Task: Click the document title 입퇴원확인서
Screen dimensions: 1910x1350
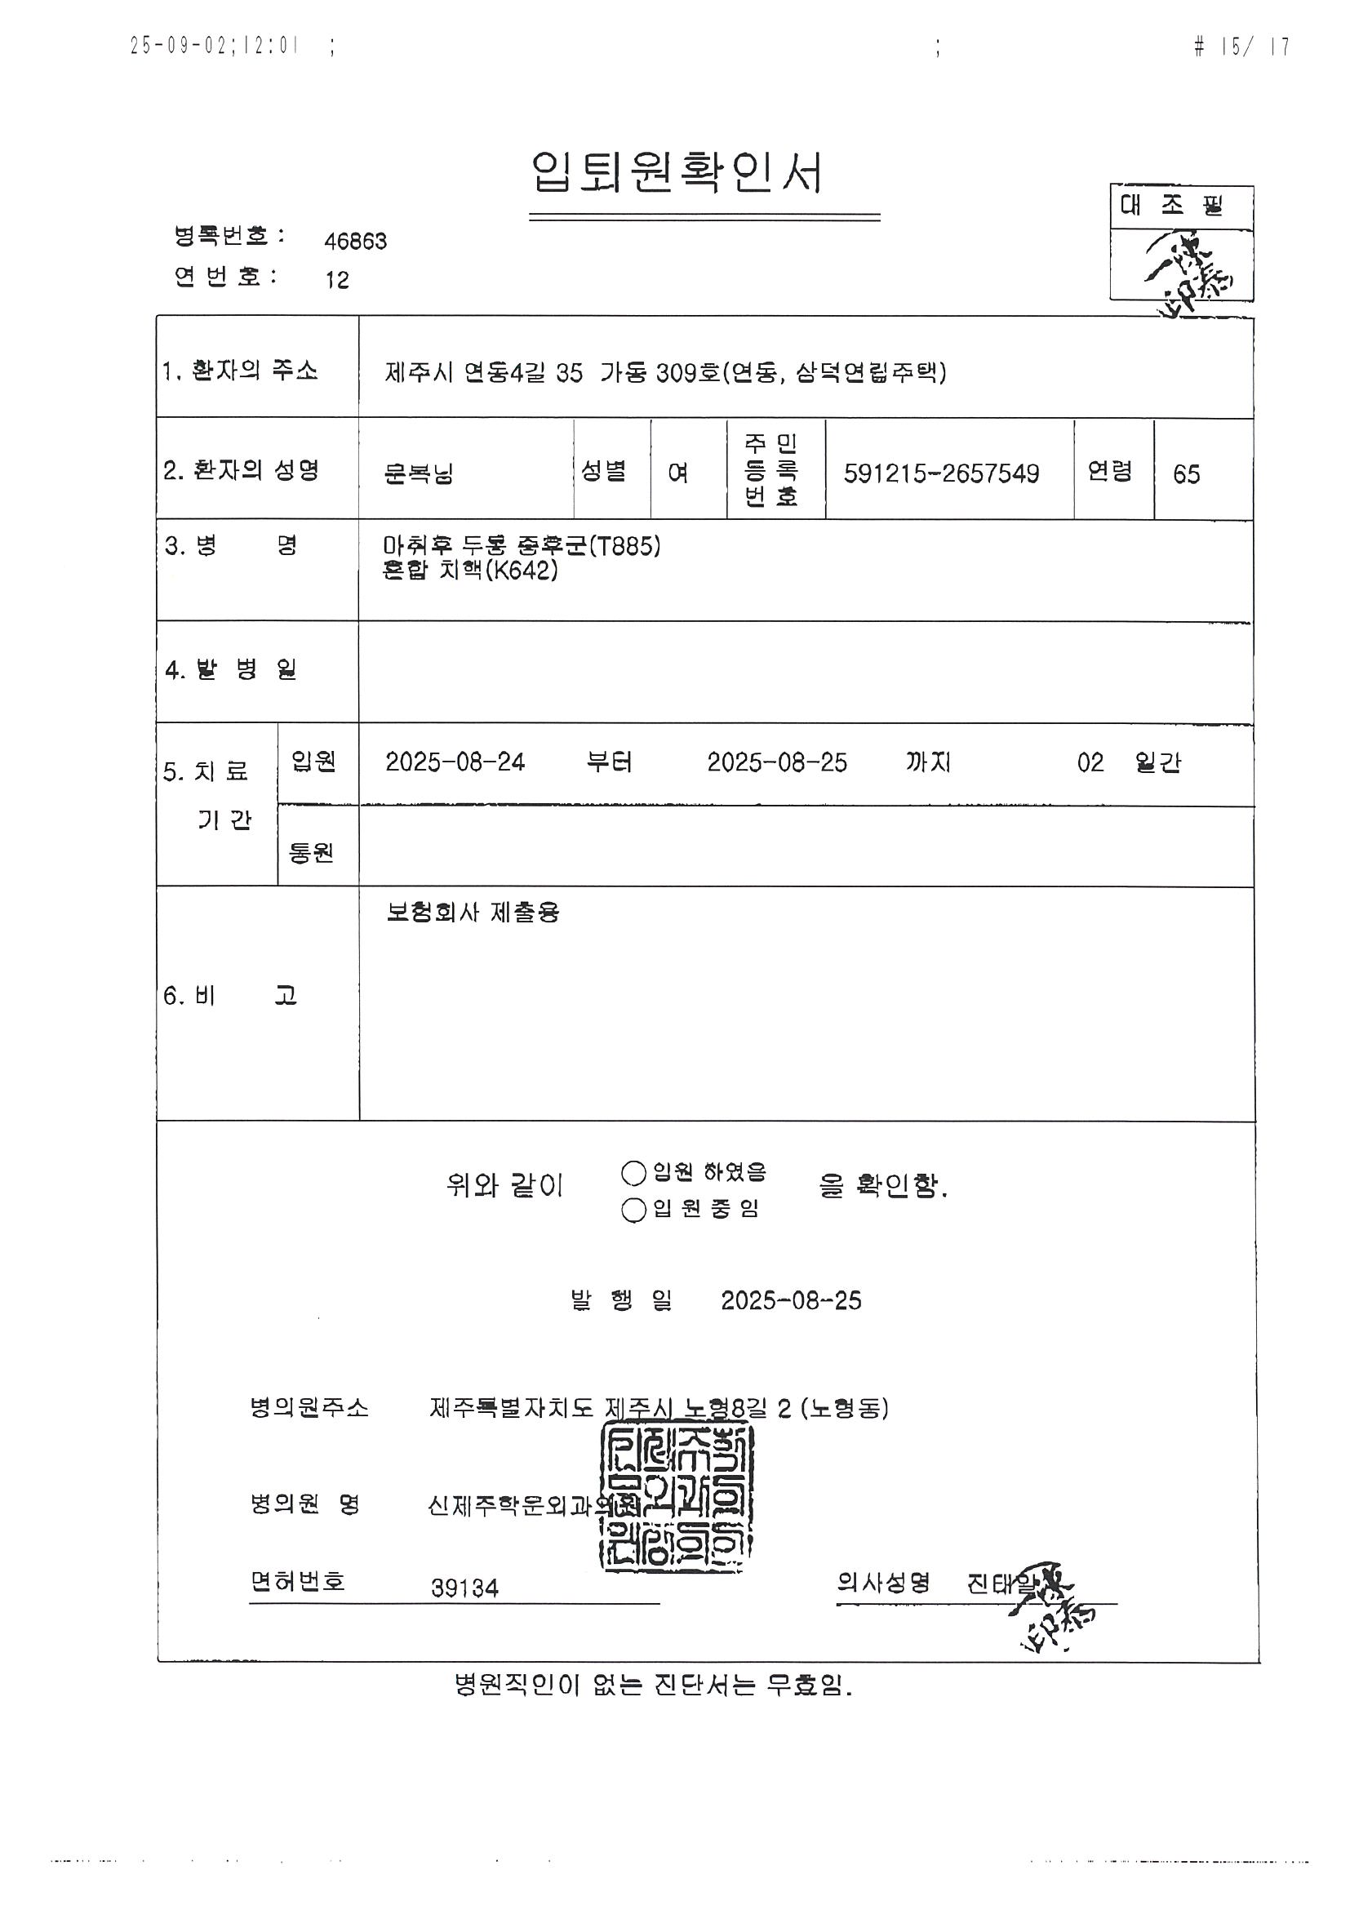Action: pyautogui.click(x=677, y=174)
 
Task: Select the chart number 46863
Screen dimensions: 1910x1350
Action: pyautogui.click(x=355, y=242)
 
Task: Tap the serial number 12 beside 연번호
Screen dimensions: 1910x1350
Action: pyautogui.click(x=337, y=280)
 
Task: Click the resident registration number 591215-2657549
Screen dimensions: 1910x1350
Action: pyautogui.click(x=941, y=473)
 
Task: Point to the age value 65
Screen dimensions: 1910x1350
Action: pyautogui.click(x=1186, y=474)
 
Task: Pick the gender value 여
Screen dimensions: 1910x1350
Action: pyautogui.click(x=678, y=473)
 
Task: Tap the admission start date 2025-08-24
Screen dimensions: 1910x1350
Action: pyautogui.click(x=455, y=762)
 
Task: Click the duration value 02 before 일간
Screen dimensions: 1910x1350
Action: pyautogui.click(x=1090, y=762)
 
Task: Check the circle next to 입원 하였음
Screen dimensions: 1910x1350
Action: pyautogui.click(x=634, y=1173)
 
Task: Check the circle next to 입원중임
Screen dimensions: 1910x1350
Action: pyautogui.click(x=634, y=1210)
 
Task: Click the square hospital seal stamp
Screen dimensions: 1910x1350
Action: pyautogui.click(x=677, y=1497)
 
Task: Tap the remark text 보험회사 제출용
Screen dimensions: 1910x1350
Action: pyautogui.click(x=473, y=913)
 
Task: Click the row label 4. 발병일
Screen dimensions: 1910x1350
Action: pyautogui.click(x=230, y=669)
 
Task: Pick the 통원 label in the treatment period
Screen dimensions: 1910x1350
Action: pyautogui.click(x=311, y=853)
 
